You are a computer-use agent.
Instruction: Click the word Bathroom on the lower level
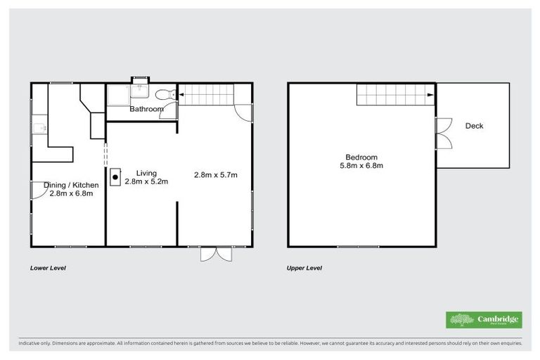click(146, 110)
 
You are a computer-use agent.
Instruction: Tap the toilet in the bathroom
click(163, 95)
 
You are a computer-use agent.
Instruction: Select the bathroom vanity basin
click(141, 89)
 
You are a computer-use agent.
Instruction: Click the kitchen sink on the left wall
click(40, 128)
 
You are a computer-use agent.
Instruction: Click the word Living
click(146, 173)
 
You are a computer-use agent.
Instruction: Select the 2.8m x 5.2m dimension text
click(146, 181)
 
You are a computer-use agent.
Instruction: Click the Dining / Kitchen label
click(71, 185)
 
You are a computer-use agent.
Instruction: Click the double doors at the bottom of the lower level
click(216, 254)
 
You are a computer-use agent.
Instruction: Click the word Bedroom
click(361, 157)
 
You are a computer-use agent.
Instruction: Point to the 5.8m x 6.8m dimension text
click(361, 166)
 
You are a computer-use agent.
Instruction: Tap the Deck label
click(474, 127)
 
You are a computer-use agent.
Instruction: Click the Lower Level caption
click(48, 269)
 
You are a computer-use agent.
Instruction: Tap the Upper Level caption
click(304, 269)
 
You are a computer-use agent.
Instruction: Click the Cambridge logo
click(484, 320)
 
